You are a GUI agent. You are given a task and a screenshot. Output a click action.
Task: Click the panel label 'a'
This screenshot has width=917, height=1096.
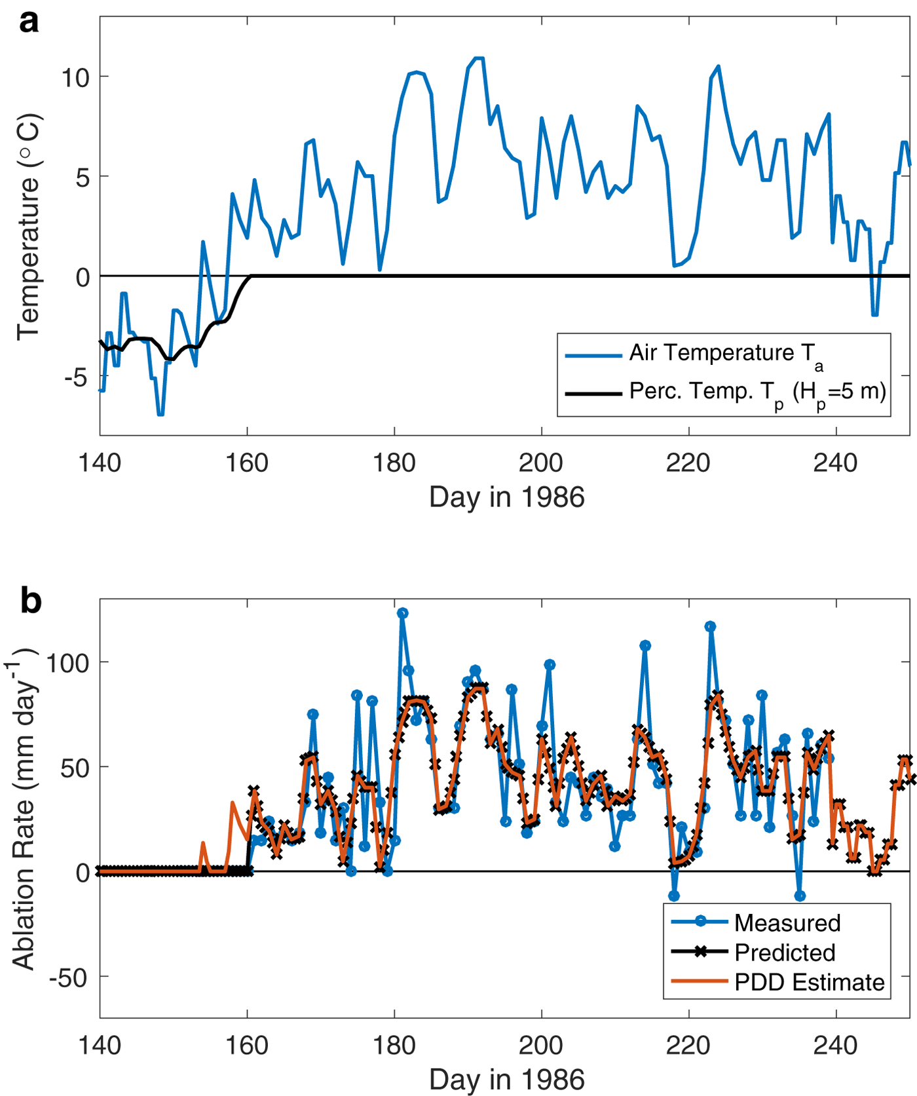(x=29, y=22)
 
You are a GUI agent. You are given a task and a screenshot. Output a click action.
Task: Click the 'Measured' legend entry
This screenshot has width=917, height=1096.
(x=787, y=923)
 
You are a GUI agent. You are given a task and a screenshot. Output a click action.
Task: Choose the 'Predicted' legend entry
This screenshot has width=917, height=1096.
(x=785, y=953)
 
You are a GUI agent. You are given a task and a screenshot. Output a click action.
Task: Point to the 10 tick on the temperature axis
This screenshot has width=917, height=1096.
(x=75, y=78)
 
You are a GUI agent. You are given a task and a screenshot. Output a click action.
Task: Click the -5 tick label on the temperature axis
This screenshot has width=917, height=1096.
(x=76, y=377)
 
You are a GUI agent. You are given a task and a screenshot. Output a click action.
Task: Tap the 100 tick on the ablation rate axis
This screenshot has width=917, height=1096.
(x=68, y=663)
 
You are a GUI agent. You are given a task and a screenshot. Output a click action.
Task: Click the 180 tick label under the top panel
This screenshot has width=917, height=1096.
(x=394, y=464)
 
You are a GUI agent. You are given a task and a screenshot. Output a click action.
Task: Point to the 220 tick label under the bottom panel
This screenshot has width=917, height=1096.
(x=688, y=1046)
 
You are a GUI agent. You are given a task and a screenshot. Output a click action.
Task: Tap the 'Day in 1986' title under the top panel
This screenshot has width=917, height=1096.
(x=506, y=498)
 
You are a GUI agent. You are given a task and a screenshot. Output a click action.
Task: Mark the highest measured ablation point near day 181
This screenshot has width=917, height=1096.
(x=402, y=613)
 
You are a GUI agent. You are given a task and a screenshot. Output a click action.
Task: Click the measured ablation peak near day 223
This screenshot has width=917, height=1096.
(x=711, y=627)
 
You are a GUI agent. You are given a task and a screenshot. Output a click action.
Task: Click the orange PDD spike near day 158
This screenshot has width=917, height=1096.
(x=233, y=803)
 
